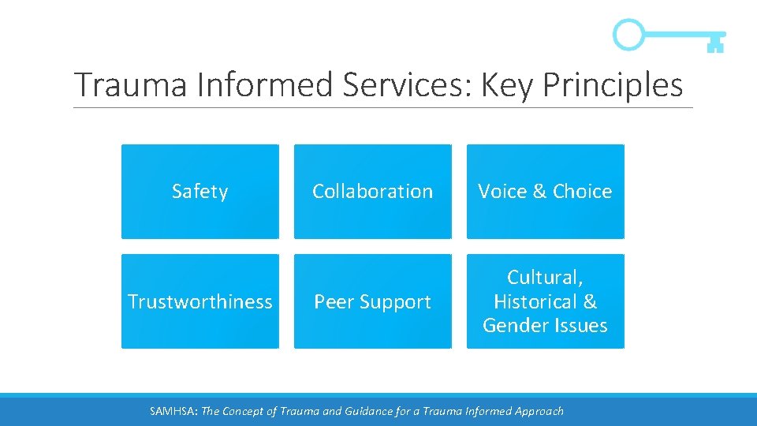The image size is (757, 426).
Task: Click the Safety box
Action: [200, 192]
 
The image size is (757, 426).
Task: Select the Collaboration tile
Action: [372, 192]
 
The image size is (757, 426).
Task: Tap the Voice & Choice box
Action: [545, 192]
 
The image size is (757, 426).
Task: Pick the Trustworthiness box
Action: [200, 301]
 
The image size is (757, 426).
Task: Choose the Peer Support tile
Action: [372, 301]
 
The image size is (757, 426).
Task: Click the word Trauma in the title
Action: [131, 85]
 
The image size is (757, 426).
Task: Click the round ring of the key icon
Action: [628, 35]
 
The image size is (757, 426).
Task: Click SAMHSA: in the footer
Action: [174, 411]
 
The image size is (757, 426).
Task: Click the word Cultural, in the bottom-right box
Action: [545, 278]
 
